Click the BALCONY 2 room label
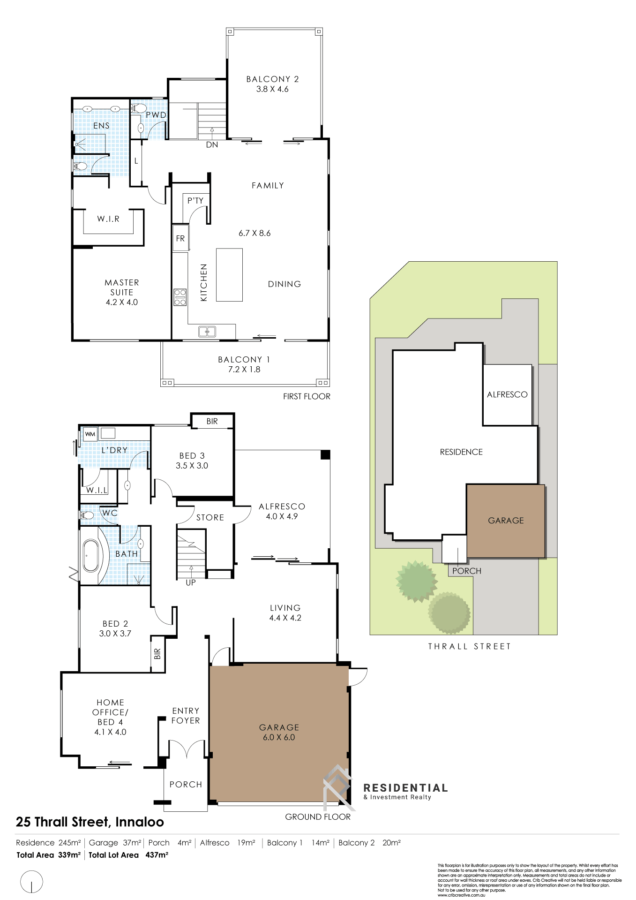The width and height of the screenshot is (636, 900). point(272,79)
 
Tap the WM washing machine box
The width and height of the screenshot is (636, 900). point(90,434)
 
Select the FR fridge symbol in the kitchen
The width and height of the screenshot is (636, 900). point(180,238)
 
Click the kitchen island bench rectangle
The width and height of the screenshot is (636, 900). point(229,275)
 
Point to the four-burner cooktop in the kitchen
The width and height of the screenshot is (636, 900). point(180,297)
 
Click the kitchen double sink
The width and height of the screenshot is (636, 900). point(207,332)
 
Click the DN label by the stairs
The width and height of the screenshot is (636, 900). point(212,145)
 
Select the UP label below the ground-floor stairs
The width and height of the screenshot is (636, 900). point(191,582)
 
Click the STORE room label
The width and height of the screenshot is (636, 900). point(210,517)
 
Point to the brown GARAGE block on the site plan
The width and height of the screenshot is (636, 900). point(506,521)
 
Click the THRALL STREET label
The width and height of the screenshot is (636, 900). point(469,646)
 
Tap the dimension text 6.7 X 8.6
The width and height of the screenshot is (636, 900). point(254,233)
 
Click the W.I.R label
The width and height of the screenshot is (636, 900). point(108,219)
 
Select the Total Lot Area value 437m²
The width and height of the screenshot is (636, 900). point(157,855)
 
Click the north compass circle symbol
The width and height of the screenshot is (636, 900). point(31,882)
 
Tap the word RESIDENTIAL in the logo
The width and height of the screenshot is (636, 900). point(405,788)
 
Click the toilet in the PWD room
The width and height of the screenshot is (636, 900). point(137,108)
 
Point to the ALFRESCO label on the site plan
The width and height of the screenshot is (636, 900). point(507,395)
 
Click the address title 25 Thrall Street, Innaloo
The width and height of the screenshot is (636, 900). point(90,822)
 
